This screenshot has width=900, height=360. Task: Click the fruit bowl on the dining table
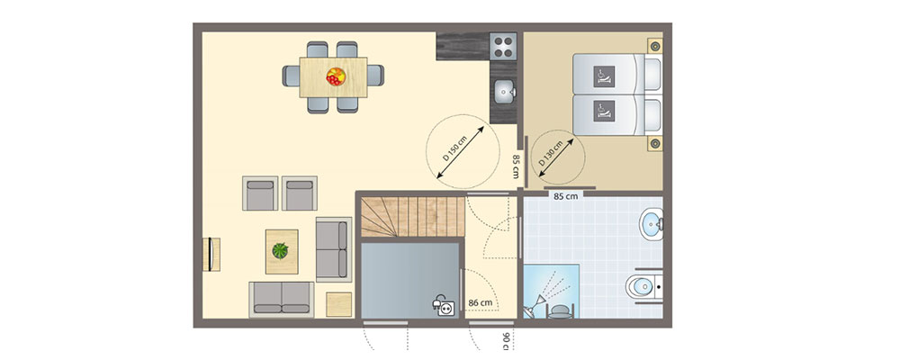click(x=335, y=76)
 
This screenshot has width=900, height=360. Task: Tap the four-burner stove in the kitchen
click(x=503, y=47)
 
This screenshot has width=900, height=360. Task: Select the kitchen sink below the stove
click(x=504, y=91)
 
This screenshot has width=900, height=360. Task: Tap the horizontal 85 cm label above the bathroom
click(x=565, y=194)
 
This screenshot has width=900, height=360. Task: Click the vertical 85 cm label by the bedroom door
click(x=516, y=166)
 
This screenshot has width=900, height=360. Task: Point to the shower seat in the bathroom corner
click(x=559, y=310)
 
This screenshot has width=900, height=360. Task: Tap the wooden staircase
click(x=412, y=218)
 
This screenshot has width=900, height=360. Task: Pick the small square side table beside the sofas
click(x=338, y=303)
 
